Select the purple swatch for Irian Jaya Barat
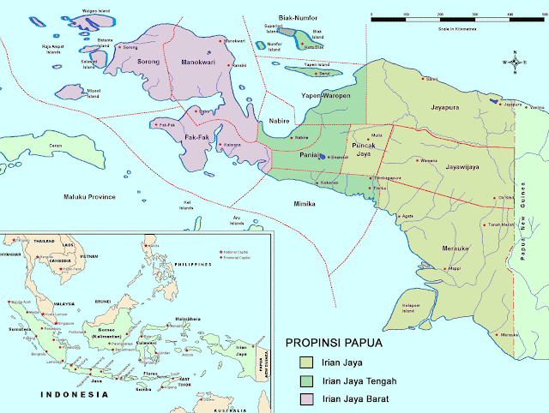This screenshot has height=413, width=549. coord(304,397)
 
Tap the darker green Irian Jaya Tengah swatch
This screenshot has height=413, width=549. coord(304,380)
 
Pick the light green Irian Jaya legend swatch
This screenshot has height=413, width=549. coord(304,362)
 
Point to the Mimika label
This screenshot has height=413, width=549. coord(305,204)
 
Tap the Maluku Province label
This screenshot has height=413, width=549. coord(90,197)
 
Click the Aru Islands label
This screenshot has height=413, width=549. coord(237,221)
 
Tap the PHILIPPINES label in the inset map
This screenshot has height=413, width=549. coord(193,265)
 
